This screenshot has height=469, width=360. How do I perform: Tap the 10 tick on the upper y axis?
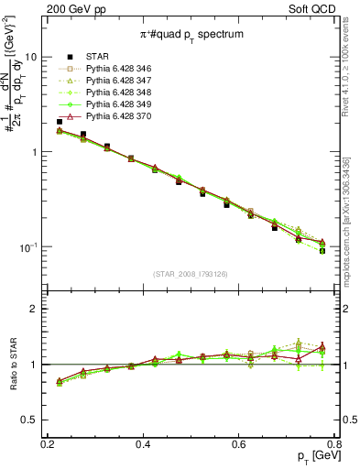[38, 56]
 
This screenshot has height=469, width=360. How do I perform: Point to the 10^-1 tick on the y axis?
[34, 247]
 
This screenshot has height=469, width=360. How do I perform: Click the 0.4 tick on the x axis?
[143, 442]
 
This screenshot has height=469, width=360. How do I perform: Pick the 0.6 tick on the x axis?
[239, 442]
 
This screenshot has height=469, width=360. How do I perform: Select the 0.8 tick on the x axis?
[335, 442]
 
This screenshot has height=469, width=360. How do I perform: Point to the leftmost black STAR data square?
[60, 122]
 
